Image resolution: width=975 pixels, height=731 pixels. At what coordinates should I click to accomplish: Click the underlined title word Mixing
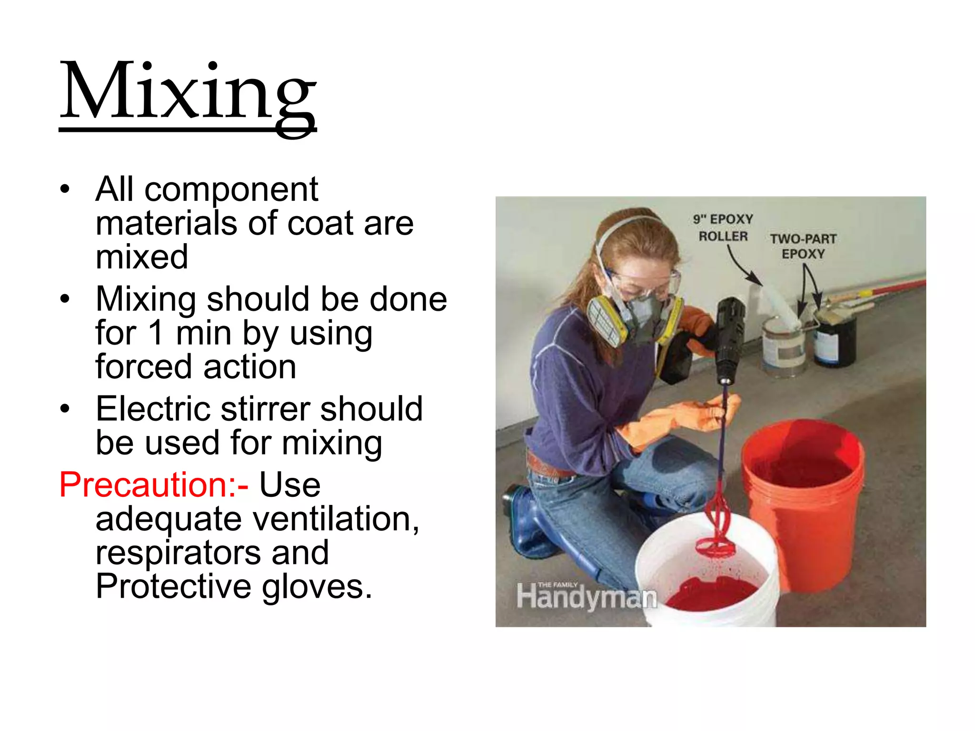point(188,93)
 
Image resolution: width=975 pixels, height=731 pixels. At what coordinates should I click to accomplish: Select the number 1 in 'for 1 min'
point(156,333)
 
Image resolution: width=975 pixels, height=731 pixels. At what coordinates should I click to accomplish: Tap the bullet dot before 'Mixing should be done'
point(65,299)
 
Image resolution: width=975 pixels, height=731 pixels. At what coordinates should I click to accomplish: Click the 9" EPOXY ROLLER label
point(723,227)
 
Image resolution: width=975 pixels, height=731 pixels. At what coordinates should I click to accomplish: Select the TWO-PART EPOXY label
point(803,246)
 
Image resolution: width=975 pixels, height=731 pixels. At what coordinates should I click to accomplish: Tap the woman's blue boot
point(528,524)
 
